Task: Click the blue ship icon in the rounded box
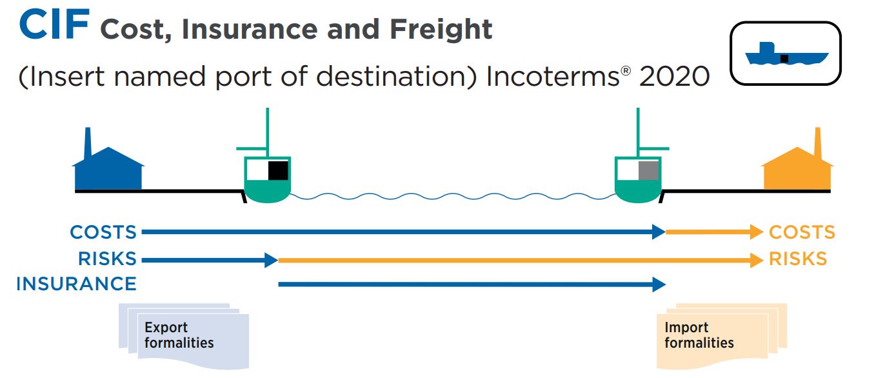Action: point(786,55)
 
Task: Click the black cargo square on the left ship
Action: point(278,170)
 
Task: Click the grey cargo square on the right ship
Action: point(648,171)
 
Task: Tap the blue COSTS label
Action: point(103,232)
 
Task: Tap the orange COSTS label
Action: point(802,232)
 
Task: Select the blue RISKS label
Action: point(108,259)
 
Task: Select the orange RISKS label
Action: point(798,259)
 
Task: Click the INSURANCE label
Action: point(76,284)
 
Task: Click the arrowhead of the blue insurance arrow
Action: point(659,284)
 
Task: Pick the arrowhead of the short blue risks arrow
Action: point(271,260)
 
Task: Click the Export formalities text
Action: point(179,335)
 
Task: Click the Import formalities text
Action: point(699,335)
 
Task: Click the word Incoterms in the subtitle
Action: point(553,77)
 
